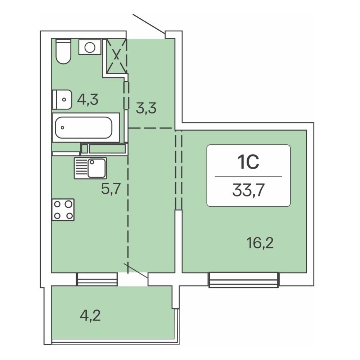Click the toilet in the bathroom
63,51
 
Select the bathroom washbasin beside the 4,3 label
62,99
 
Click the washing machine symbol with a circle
90,47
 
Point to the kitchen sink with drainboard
90,168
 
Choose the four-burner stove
63,210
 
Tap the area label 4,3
88,100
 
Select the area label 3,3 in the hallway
146,108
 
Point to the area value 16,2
260,243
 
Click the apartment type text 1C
249,162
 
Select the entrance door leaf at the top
149,24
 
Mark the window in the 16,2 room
244,280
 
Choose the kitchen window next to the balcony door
96,279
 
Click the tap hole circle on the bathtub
62,128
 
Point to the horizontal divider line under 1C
249,176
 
